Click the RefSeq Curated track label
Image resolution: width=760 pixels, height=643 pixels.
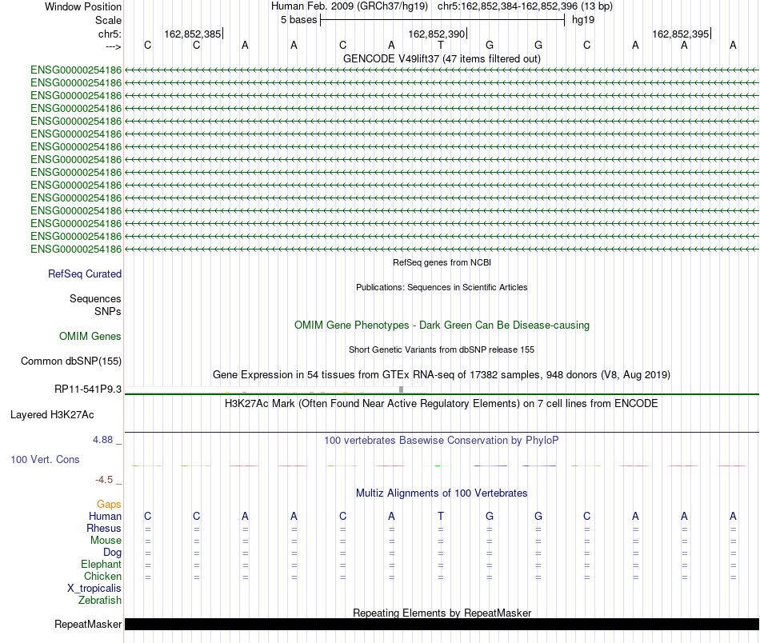[85, 274]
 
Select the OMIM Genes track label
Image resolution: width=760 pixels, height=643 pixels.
[90, 336]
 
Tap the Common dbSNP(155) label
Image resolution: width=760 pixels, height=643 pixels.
[71, 361]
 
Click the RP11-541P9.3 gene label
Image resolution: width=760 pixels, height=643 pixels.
[88, 389]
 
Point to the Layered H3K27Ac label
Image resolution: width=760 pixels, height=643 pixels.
[52, 415]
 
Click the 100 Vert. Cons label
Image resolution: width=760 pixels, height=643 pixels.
[45, 459]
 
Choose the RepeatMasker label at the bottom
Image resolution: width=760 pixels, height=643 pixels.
[88, 624]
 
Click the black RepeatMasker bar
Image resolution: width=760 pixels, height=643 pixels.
[442, 624]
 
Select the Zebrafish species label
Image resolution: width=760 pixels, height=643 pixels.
[100, 601]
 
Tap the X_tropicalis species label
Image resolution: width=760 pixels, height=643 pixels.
[94, 589]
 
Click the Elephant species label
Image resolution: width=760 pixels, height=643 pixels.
[102, 564]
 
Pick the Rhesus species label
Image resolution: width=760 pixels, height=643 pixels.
[104, 528]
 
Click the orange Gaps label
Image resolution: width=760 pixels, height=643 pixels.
[109, 505]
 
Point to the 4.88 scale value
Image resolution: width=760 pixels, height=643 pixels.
[102, 440]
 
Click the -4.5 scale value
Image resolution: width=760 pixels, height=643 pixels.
[104, 480]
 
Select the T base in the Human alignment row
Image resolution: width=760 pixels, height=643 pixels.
[441, 516]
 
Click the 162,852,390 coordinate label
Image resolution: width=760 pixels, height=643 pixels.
[436, 34]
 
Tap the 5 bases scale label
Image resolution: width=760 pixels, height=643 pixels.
[298, 20]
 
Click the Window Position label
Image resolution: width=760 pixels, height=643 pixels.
[83, 6]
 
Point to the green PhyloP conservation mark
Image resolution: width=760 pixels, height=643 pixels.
[437, 465]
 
